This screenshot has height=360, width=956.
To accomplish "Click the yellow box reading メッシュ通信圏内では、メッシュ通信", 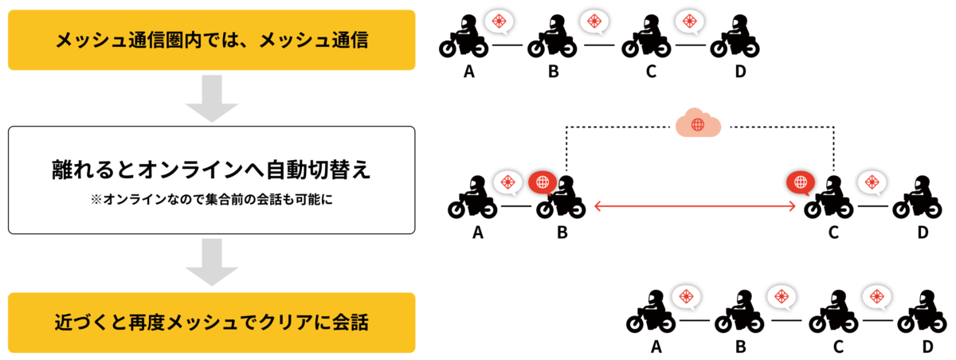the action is click(x=212, y=40).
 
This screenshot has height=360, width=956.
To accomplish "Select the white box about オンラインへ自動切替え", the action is click(x=212, y=180).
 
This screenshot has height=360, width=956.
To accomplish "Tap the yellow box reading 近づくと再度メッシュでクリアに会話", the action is click(x=212, y=323).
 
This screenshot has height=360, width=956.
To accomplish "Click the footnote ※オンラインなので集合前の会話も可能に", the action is click(x=212, y=200).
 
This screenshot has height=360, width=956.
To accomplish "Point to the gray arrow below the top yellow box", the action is click(x=212, y=98).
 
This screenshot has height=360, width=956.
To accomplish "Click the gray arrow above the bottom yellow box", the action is click(x=212, y=262).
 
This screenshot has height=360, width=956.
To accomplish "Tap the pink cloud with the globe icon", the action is click(x=698, y=123).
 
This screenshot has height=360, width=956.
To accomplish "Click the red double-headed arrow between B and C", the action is click(x=695, y=207).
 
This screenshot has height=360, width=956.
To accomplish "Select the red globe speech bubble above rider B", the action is click(x=543, y=183).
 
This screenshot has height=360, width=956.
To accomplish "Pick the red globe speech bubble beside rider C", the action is click(x=801, y=183).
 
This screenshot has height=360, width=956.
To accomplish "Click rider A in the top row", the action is click(x=464, y=37).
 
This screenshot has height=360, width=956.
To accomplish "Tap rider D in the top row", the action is click(x=735, y=37).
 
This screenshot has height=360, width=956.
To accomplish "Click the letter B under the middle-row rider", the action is click(x=562, y=233).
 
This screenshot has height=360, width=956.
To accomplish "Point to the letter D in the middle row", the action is click(x=923, y=233).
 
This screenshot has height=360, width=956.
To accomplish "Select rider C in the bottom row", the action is click(x=833, y=311).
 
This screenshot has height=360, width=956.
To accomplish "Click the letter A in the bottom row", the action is click(x=656, y=346).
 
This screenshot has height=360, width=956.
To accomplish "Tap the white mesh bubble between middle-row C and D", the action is click(x=872, y=183).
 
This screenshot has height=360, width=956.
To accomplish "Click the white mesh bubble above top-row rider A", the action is click(x=499, y=22).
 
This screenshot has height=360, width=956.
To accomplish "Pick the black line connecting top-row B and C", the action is click(x=599, y=45).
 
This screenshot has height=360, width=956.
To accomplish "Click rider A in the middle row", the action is click(x=473, y=198).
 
